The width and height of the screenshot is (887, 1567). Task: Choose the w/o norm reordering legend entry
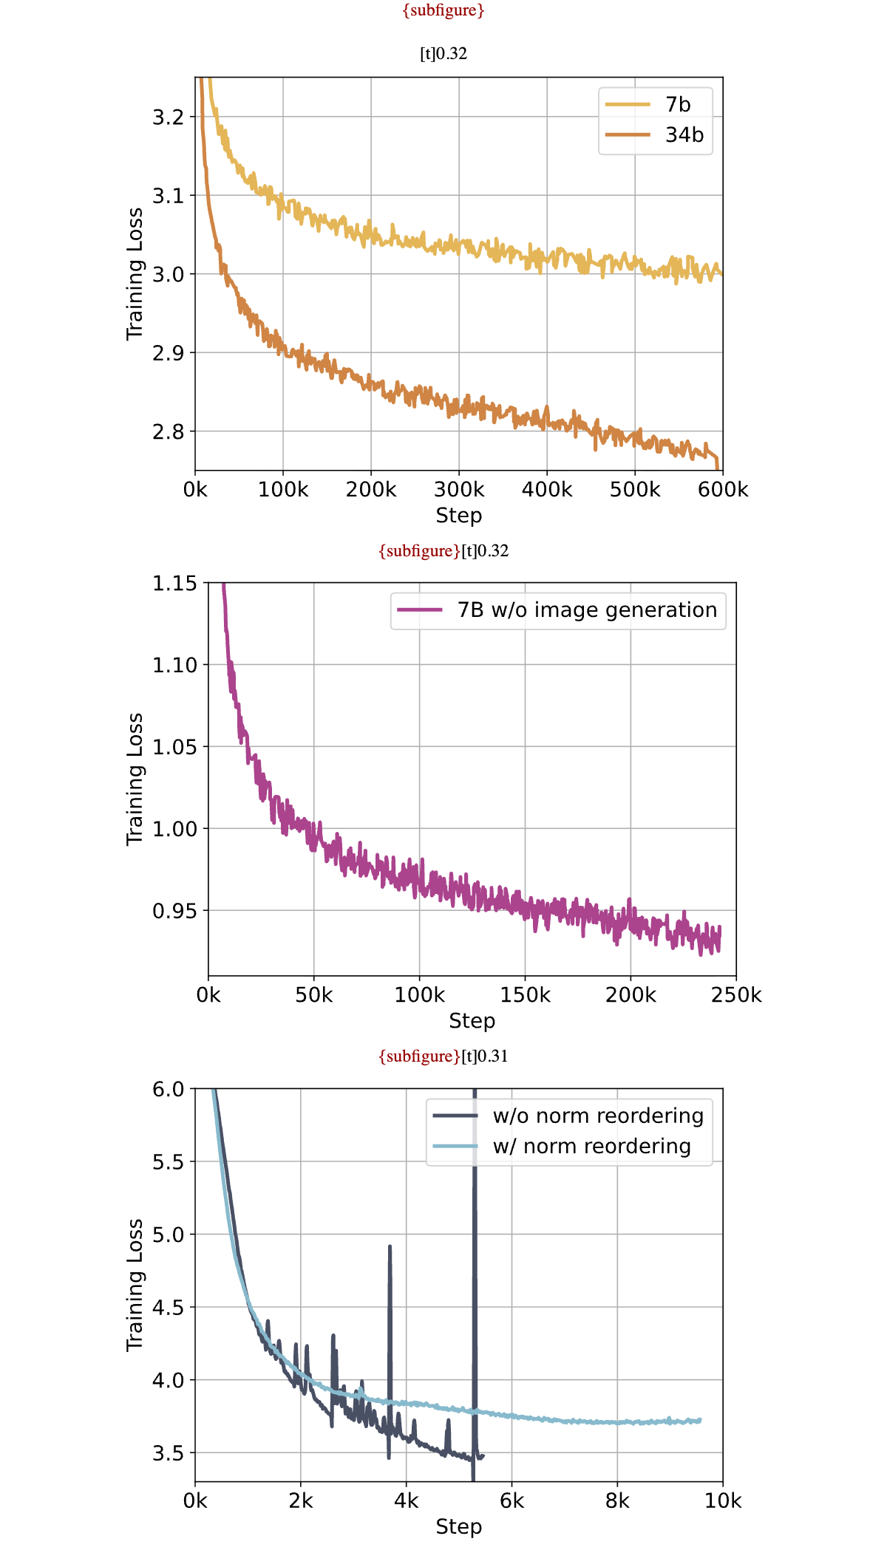point(568,1116)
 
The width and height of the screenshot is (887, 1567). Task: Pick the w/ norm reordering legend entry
point(562,1147)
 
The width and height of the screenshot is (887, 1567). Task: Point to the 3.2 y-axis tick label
point(168,117)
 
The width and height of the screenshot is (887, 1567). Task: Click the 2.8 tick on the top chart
point(168,431)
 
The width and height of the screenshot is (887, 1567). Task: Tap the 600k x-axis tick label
point(723,490)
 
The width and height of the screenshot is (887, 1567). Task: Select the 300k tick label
point(459,490)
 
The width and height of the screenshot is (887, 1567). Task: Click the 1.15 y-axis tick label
point(174,584)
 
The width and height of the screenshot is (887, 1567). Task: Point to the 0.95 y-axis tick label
point(174,911)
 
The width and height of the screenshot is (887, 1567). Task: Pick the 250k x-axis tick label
point(736,995)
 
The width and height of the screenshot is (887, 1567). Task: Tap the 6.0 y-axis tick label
point(168,1089)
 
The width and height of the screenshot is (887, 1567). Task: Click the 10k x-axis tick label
point(723,1501)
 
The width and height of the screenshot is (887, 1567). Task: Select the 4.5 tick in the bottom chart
point(168,1308)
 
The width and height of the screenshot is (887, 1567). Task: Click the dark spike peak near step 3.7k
point(390,1246)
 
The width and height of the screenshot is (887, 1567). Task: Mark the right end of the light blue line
point(700,1420)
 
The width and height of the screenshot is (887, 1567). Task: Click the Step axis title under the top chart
point(459,516)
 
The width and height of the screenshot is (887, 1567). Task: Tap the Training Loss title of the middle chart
point(135,779)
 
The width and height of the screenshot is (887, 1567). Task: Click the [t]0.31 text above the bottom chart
point(485,1056)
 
